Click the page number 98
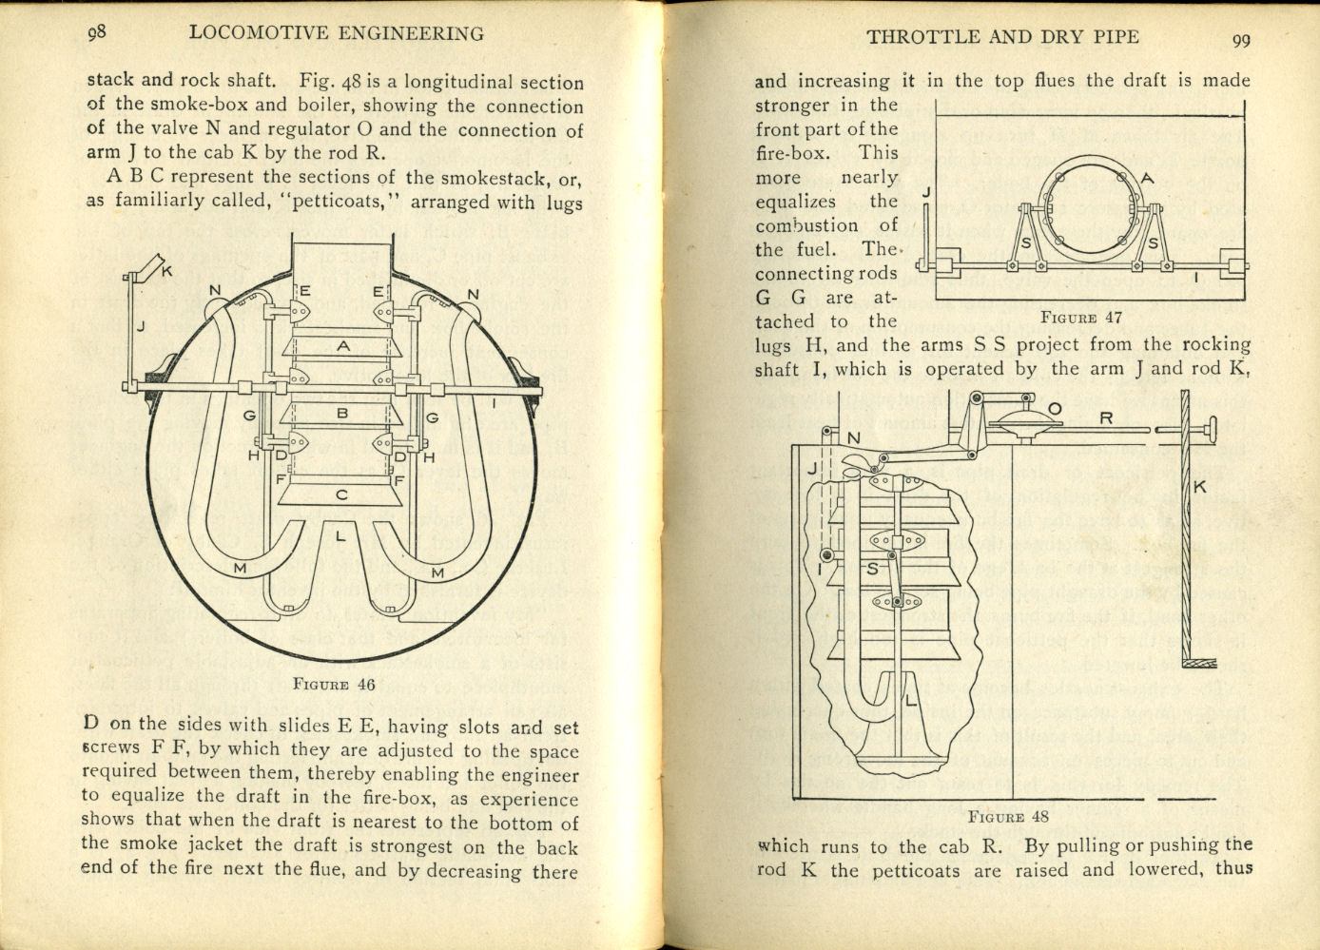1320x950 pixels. click(x=96, y=31)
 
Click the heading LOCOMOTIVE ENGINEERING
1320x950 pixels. click(x=337, y=33)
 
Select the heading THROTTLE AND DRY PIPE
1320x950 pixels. click(x=1002, y=37)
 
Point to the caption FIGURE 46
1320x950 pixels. click(x=334, y=683)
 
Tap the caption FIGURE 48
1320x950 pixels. click(x=1008, y=816)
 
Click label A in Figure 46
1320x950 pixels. click(x=343, y=347)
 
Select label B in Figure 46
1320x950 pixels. click(x=342, y=414)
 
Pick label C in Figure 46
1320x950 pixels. click(x=341, y=494)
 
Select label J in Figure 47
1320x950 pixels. click(x=926, y=192)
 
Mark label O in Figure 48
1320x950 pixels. click(x=1053, y=409)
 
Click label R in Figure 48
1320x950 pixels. click(x=1106, y=417)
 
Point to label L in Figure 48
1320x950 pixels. click(x=910, y=701)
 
